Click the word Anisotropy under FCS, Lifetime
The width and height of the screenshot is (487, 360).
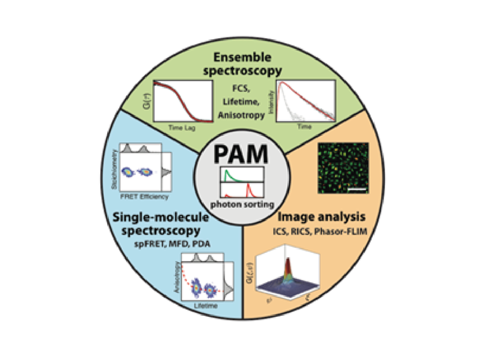243,114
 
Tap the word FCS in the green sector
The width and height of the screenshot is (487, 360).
243,89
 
